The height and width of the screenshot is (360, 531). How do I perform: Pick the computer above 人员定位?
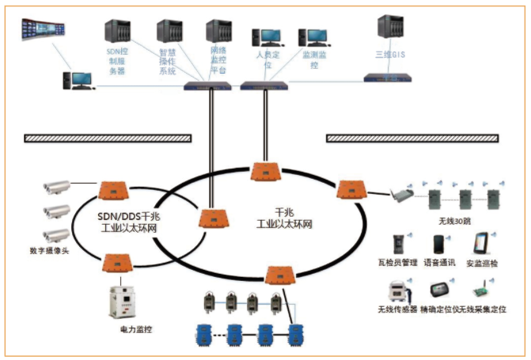tap(267, 37)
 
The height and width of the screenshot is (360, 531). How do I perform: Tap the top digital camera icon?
tap(57, 187)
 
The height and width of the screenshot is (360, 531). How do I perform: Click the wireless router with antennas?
tap(403, 193)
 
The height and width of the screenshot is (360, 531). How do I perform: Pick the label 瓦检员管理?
tap(398, 261)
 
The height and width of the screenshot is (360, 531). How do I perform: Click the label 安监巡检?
tap(483, 261)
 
